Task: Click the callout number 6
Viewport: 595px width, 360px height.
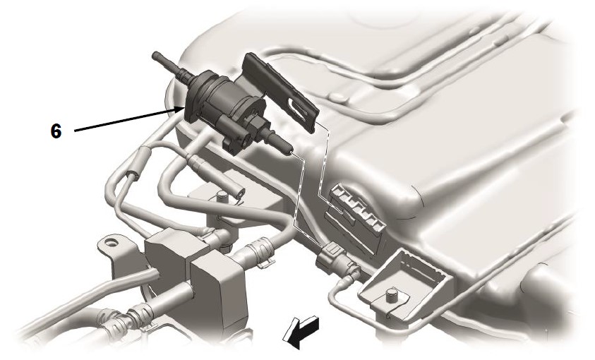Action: pyautogui.click(x=56, y=131)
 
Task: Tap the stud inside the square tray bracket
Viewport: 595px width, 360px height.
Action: pyautogui.click(x=391, y=296)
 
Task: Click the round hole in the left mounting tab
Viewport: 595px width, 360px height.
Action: pyautogui.click(x=110, y=241)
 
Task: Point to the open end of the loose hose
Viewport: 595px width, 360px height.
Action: pyautogui.click(x=240, y=193)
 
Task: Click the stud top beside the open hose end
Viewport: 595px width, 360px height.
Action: pyautogui.click(x=221, y=196)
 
